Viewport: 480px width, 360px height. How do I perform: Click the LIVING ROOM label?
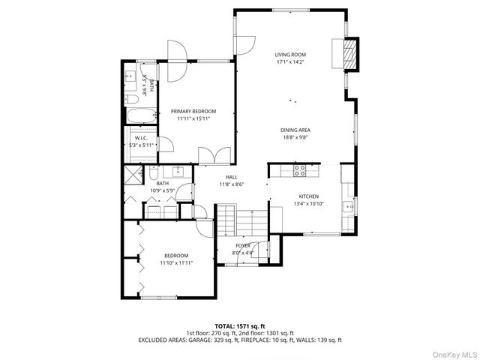(290, 55)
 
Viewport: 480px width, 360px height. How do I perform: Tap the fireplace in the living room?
(350, 55)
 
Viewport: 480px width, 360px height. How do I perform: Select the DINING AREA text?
(295, 130)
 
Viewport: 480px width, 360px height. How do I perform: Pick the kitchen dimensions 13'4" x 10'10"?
(309, 203)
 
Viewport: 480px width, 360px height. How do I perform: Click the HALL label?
(231, 177)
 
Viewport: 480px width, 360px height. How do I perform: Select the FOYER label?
(243, 246)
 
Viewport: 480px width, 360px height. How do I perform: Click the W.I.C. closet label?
(140, 138)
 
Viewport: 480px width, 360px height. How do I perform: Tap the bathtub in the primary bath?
(141, 116)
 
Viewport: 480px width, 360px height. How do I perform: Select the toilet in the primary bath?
(130, 99)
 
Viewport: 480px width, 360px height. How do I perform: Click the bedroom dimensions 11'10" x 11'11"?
(177, 263)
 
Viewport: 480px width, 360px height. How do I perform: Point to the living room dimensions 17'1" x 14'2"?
(290, 62)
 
